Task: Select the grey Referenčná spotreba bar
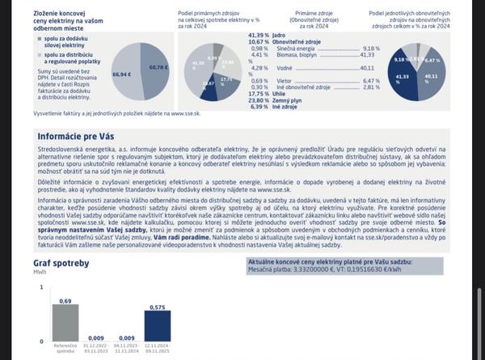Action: point(65,323)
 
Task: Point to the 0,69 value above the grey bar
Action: point(65,300)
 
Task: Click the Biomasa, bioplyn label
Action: point(297,55)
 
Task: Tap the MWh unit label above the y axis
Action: point(40,273)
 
